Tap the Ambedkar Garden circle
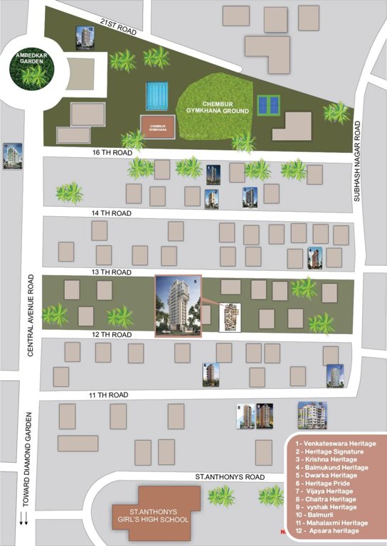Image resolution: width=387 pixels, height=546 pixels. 31,70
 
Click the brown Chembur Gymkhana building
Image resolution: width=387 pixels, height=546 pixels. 158,125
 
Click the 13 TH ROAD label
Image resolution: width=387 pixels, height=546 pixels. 107,272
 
